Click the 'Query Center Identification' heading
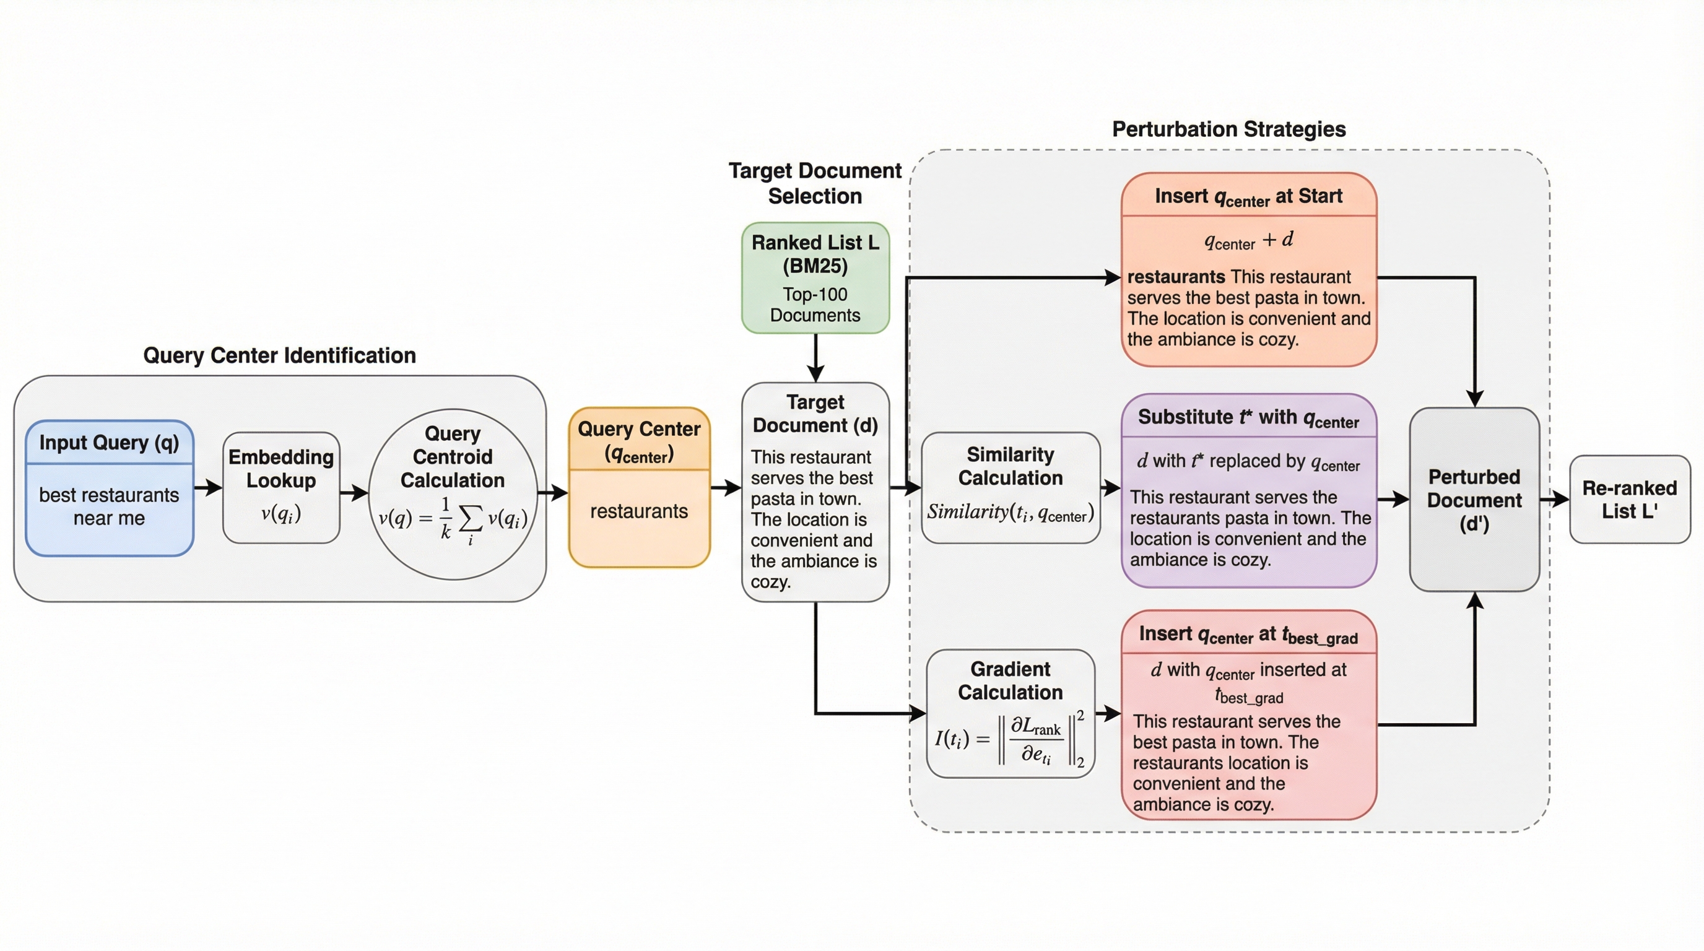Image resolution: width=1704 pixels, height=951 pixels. pos(279,356)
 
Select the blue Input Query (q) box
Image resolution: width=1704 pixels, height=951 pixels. pos(109,488)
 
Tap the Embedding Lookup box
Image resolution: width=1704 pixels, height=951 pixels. pos(281,487)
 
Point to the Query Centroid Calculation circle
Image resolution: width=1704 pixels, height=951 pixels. pos(453,494)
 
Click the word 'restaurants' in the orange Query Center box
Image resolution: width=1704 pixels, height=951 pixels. pos(639,511)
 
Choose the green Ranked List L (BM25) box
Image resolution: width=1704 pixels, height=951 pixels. pos(815,278)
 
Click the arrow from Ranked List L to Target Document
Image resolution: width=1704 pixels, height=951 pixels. pos(815,357)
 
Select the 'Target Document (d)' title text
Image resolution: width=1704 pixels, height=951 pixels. pos(815,414)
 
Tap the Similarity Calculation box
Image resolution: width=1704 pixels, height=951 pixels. pos(1010,487)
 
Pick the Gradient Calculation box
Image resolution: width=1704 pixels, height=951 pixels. pos(1010,713)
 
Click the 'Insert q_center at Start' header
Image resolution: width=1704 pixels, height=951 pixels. pos(1248,196)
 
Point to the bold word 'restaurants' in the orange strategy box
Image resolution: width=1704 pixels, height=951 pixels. pos(1176,277)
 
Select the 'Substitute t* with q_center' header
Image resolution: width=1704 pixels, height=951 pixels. pos(1248,418)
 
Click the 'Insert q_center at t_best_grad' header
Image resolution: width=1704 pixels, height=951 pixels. pos(1248,635)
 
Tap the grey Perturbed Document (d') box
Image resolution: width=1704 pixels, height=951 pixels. pos(1474,499)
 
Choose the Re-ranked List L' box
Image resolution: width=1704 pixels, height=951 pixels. pos(1629,499)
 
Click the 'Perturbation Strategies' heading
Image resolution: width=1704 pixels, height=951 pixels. pos(1228,129)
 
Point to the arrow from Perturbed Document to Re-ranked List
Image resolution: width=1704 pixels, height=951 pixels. pos(1555,499)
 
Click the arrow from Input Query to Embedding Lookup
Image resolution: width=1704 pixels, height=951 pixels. pos(209,488)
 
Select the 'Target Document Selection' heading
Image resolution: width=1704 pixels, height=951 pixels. pos(815,183)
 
